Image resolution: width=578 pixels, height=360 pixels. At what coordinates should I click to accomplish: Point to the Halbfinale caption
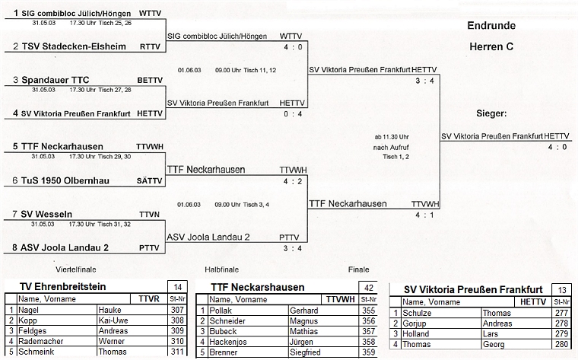pyautogui.click(x=223, y=269)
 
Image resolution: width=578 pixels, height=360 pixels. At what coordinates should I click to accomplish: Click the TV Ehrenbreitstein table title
pyautogui.click(x=65, y=287)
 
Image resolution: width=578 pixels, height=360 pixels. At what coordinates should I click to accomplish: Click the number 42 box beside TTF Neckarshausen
pyautogui.click(x=367, y=287)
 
